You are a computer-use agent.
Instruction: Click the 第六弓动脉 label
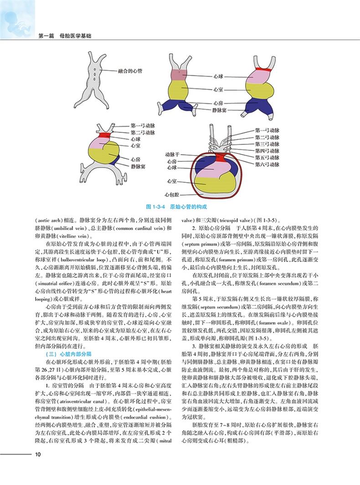pos(267,163)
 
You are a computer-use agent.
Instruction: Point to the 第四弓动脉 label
pos(267,150)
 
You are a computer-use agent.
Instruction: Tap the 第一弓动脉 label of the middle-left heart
pos(143,125)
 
